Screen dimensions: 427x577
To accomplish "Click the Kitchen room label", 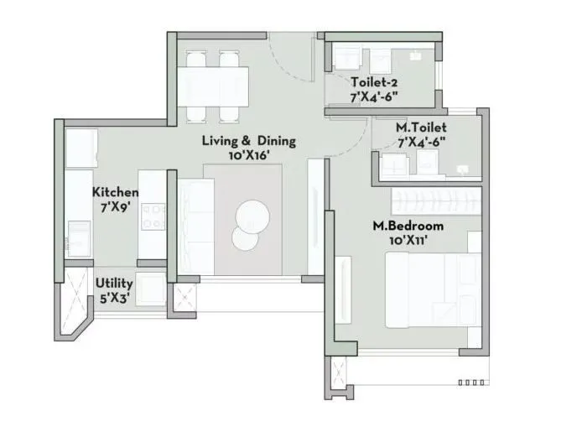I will pyautogui.click(x=115, y=192).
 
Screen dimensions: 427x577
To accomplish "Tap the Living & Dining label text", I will pyautogui.click(x=249, y=141).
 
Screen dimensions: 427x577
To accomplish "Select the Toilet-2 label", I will pyautogui.click(x=374, y=82).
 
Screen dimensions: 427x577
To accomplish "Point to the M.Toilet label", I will pyautogui.click(x=420, y=127).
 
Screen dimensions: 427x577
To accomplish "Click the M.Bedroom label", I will pyautogui.click(x=408, y=227).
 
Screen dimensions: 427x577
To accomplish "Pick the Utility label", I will pyautogui.click(x=114, y=284).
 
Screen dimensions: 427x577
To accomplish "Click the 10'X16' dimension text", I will pyautogui.click(x=249, y=155).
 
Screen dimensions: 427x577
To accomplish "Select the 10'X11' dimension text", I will pyautogui.click(x=408, y=241).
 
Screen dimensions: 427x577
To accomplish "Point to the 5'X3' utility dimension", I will pyautogui.click(x=114, y=298).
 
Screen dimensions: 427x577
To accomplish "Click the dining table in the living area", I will pyautogui.click(x=213, y=84).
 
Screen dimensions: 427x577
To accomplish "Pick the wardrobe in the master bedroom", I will pyautogui.click(x=436, y=200).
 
